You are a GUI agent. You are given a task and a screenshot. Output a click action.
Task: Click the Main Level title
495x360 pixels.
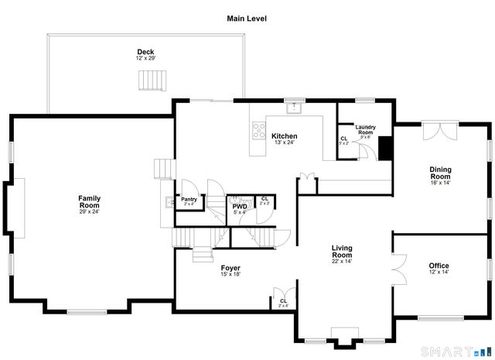point(247,18)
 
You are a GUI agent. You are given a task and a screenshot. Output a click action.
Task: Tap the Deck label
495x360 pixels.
point(145,52)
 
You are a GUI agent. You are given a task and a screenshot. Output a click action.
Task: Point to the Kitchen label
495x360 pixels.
point(284,136)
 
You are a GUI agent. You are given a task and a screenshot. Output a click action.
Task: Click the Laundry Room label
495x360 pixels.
point(365,130)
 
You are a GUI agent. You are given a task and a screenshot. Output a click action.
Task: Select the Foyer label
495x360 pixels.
point(230,268)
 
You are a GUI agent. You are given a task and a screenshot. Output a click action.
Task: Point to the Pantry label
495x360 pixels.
point(189,199)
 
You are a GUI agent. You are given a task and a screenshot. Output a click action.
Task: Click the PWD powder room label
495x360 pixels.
point(240,206)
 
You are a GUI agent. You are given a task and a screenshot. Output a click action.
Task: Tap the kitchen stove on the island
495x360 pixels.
point(258,131)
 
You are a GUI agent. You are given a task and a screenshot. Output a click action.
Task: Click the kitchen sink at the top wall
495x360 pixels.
point(295,105)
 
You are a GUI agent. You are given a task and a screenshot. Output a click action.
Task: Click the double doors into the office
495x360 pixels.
point(398,273)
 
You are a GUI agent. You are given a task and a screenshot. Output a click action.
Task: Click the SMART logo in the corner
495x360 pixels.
point(468,350)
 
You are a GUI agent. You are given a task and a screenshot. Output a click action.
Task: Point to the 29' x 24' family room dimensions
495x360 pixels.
point(89,211)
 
